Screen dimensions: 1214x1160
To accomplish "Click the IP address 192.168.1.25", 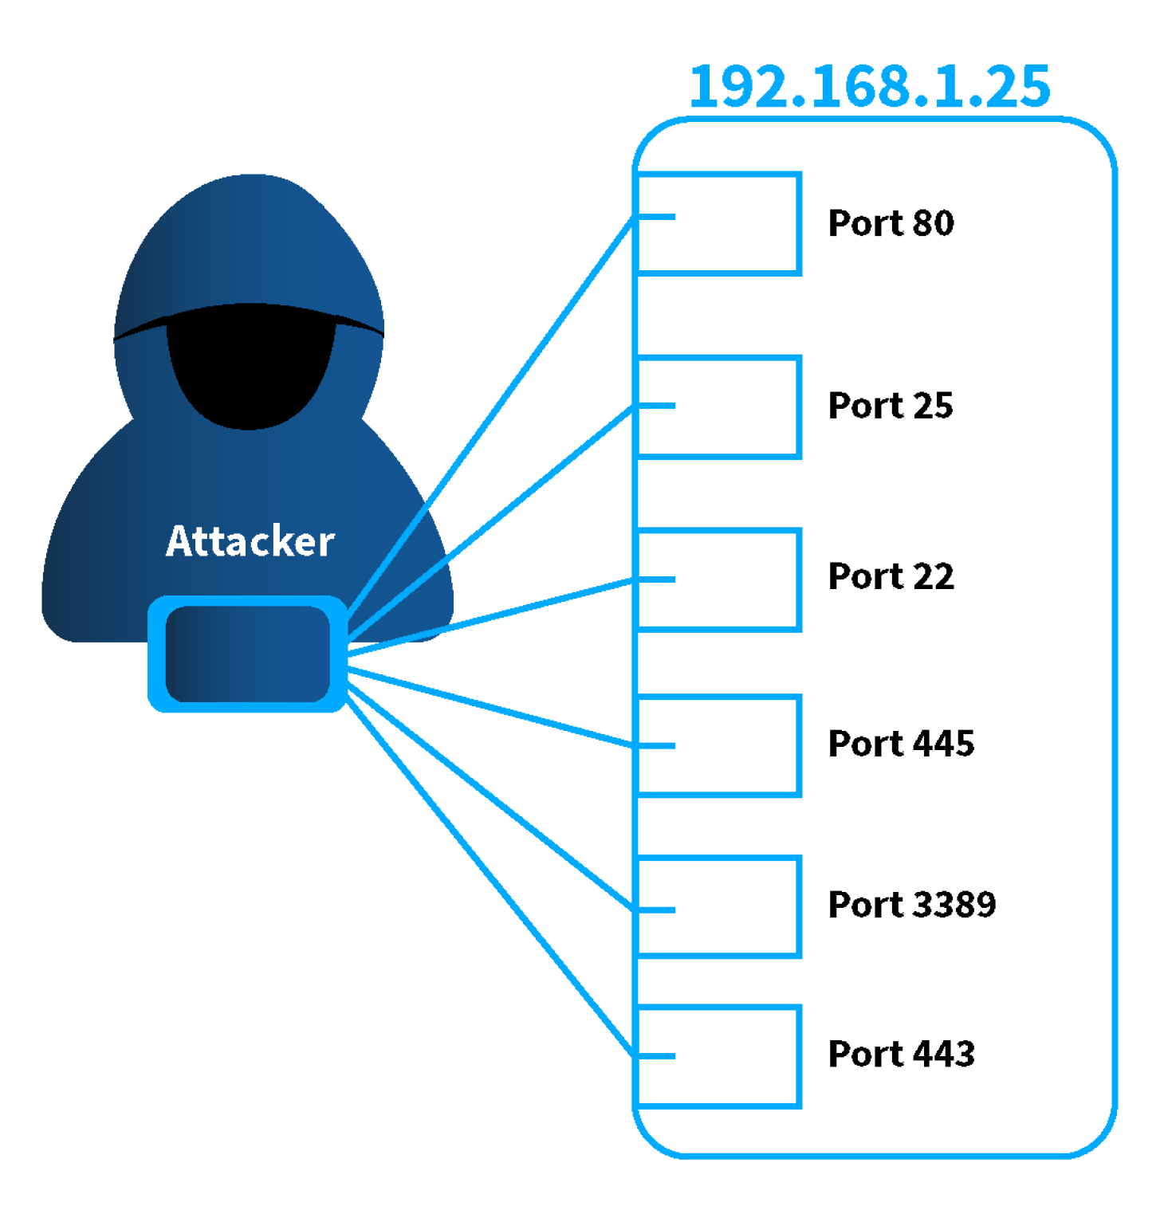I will (x=869, y=86).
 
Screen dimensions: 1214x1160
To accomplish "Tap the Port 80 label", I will (x=891, y=223).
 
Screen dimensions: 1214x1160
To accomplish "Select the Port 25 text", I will (x=891, y=406).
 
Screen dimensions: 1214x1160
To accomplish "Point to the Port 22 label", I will (x=891, y=576).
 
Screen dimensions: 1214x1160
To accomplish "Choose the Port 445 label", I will (x=901, y=744).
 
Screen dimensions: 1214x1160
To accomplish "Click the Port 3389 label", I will (x=912, y=905).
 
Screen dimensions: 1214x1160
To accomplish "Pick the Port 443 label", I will (x=901, y=1054).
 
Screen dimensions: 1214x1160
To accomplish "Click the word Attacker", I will (x=250, y=542).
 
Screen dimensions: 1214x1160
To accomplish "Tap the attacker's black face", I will (x=250, y=375).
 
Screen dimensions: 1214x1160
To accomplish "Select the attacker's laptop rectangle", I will (x=248, y=654).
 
